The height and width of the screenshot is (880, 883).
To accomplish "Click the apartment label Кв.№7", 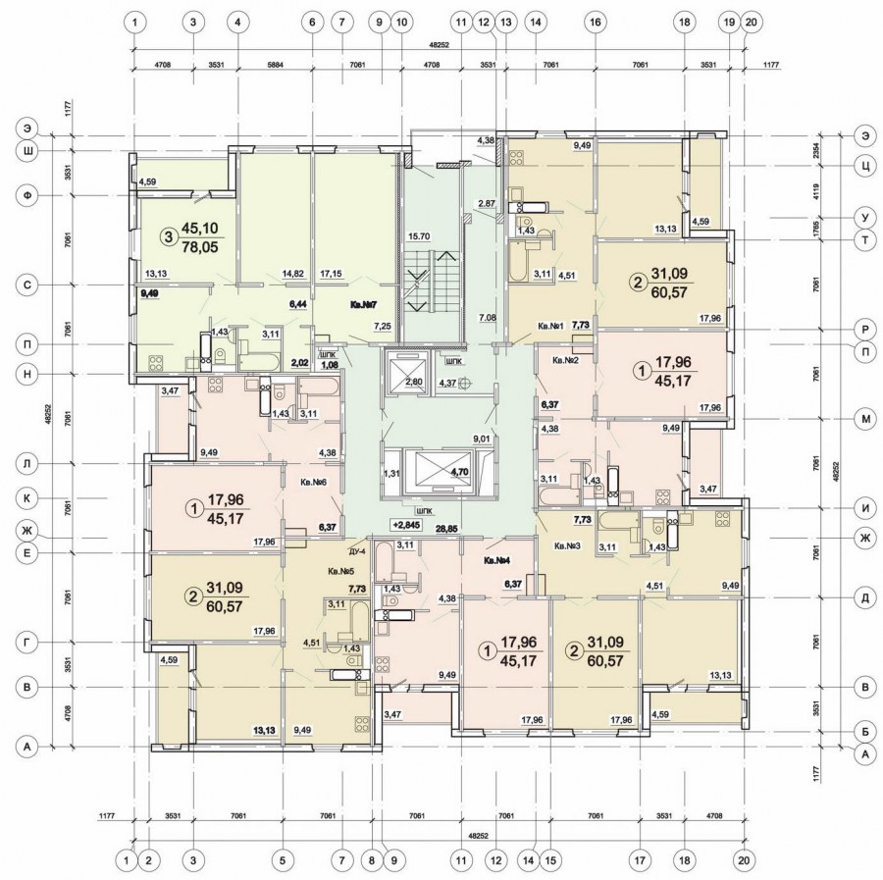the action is coord(363,304).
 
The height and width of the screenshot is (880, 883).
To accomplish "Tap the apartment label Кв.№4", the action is coord(496,561).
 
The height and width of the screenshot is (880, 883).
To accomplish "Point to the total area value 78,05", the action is coord(199,247).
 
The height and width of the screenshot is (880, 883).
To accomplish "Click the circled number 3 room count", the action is coord(167,238).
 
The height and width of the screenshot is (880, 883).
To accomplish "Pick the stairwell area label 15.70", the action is coord(421,236).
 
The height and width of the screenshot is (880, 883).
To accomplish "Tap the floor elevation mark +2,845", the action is coord(407,525).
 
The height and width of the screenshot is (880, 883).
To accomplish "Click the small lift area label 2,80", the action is coord(414,383).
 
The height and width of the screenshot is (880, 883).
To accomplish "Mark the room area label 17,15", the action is coord(332,274).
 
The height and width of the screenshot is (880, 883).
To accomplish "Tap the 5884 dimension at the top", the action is coord(275,65).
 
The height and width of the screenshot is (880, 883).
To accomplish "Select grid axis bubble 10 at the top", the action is coord(401,23).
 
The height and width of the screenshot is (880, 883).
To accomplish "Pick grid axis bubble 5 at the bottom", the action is coord(283,860).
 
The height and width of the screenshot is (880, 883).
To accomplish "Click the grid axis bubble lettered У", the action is coord(865,218).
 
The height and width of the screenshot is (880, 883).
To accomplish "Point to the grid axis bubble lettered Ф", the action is coord(26,195).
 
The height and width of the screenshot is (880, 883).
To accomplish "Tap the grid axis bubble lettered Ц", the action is coord(865,166).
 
